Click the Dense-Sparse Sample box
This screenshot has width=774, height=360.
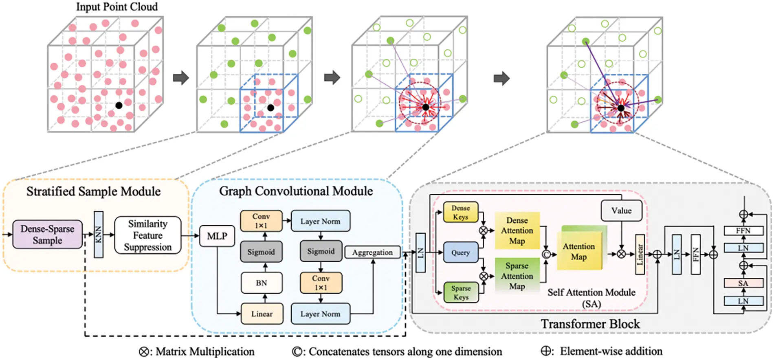coord(47,235)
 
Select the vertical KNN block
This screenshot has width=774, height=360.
coord(98,235)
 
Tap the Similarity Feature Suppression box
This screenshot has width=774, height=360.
coord(147,235)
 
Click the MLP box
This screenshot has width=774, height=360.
coord(217,236)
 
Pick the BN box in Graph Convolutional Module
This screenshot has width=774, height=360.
coord(261,283)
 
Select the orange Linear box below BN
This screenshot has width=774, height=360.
coord(262,314)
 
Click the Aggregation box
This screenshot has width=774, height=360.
coord(372,252)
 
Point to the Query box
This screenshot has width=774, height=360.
coord(460,252)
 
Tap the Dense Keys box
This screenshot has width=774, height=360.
coord(460,213)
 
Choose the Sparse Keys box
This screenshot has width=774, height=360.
coord(461,292)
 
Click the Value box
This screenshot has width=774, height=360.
coord(621,211)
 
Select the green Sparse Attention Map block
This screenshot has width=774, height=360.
coord(517,276)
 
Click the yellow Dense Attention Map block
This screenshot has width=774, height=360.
coord(517,230)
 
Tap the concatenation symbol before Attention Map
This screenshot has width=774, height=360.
coord(546,255)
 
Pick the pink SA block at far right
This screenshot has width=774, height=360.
coord(743,283)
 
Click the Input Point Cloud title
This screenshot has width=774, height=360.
coord(117,7)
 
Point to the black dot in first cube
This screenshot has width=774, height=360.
coord(119,105)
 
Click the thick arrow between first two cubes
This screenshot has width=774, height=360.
coord(181,77)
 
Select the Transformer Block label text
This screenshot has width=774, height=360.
coord(590,324)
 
